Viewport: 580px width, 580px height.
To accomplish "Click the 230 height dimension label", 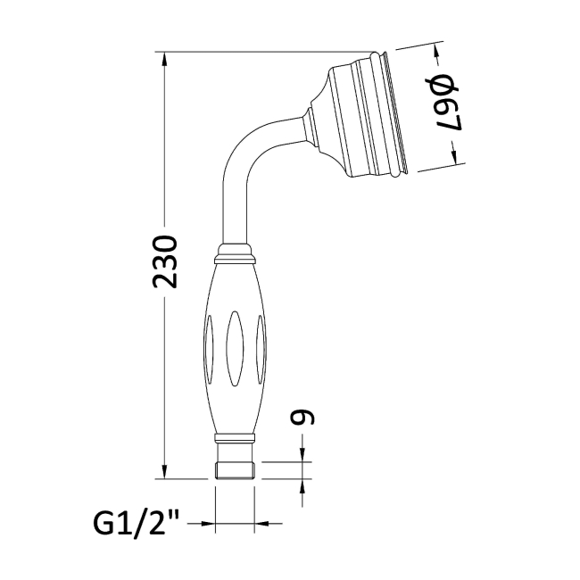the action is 164,261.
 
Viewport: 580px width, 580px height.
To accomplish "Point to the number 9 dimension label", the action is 302,418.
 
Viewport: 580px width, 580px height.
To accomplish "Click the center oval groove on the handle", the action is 235,349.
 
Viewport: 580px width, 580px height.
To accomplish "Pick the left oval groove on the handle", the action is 209,349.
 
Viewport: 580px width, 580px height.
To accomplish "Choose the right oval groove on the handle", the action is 261,349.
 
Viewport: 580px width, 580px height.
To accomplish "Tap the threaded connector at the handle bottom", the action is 235,470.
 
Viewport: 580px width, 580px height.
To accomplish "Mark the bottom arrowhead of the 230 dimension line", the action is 164,470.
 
